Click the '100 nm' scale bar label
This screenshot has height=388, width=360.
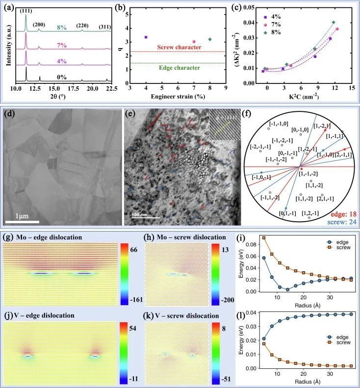click(142, 214)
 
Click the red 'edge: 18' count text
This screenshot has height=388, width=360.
click(343, 208)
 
